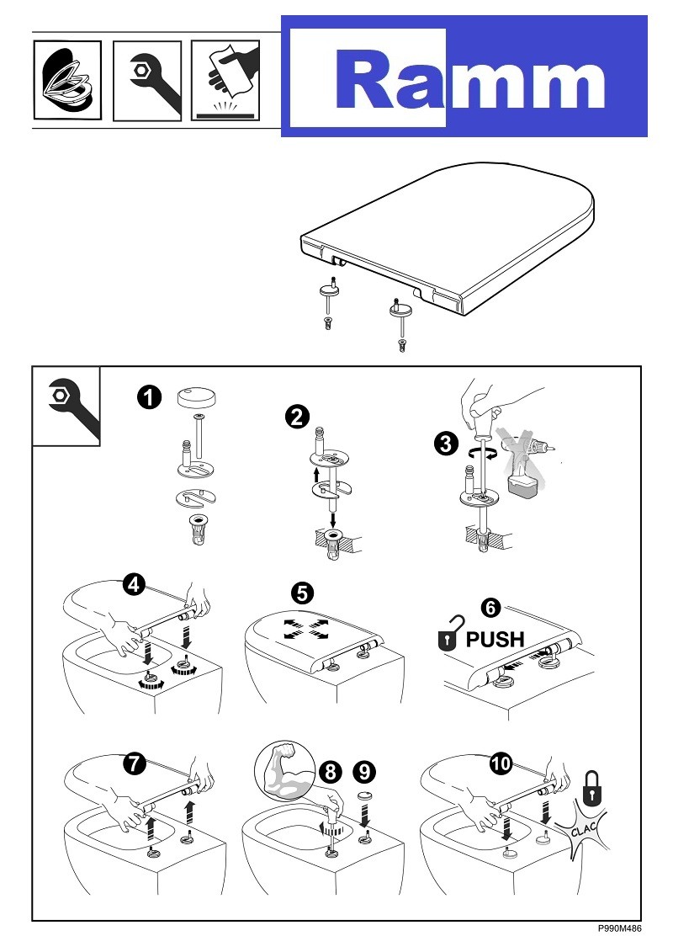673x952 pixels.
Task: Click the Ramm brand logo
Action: (x=464, y=77)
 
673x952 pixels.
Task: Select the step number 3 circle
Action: (x=447, y=444)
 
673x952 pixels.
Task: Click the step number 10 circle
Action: (x=501, y=764)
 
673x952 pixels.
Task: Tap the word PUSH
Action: (x=495, y=639)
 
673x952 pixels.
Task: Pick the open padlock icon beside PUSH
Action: (x=450, y=637)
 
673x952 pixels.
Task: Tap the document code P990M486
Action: (x=620, y=928)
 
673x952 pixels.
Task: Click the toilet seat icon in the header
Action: (x=66, y=80)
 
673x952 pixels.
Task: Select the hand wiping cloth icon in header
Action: (x=225, y=80)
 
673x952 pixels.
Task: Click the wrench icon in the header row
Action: (x=146, y=80)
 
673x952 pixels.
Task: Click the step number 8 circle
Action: (x=331, y=770)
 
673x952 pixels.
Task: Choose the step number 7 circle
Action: (x=133, y=764)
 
